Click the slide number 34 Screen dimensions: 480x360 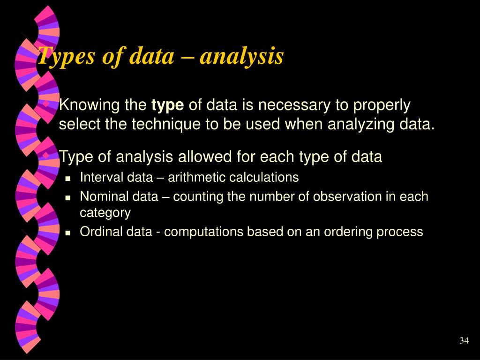pyautogui.click(x=464, y=340)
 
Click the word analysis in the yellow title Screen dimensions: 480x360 pyautogui.click(x=242, y=56)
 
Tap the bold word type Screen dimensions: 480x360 pyautogui.click(x=168, y=105)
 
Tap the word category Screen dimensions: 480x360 pyautogui.click(x=105, y=213)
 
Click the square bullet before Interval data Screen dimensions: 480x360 pyautogui.click(x=68, y=179)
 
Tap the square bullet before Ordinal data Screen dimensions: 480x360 pyautogui.click(x=68, y=232)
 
